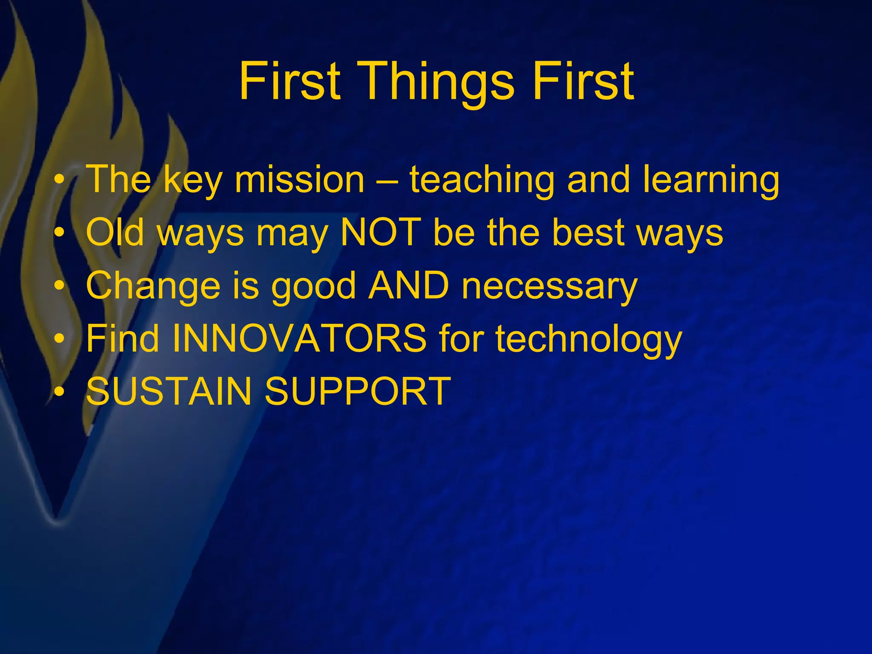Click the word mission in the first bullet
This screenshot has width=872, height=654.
[x=299, y=180]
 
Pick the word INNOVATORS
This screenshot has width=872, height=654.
[x=299, y=339]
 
